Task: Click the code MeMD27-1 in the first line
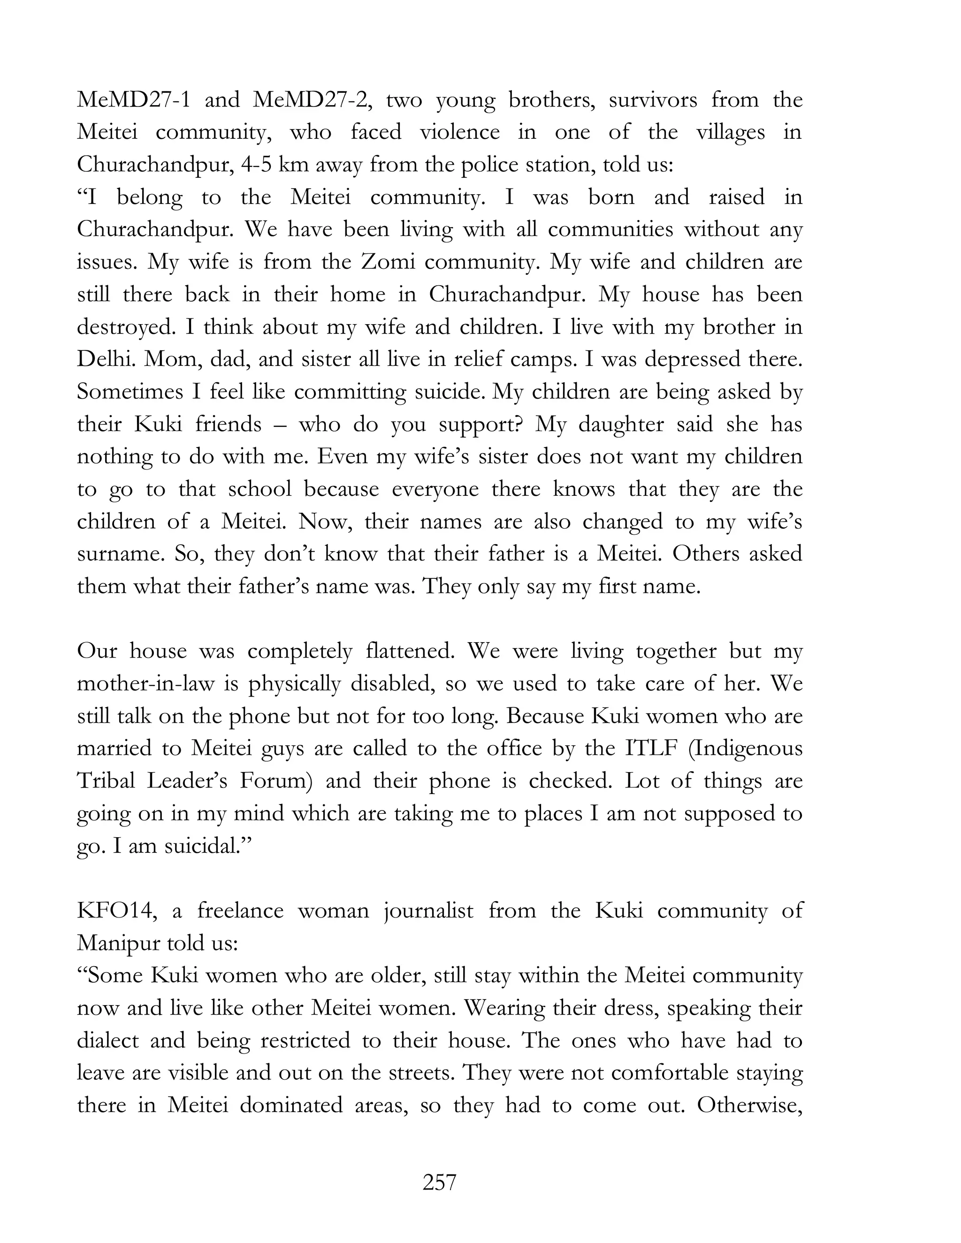coord(133,100)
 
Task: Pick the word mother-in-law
coord(145,683)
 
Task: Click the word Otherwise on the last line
coord(749,1105)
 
